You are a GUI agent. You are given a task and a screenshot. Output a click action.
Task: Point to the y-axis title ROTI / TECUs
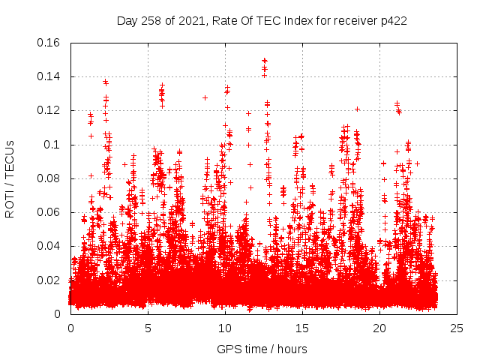(x=10, y=178)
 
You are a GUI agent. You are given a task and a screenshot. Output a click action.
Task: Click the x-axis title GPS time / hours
(x=262, y=349)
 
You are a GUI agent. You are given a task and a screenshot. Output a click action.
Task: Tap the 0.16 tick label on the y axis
(x=49, y=43)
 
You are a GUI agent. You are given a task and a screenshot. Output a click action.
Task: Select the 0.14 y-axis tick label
(x=49, y=76)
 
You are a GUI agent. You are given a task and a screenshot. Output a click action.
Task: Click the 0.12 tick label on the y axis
(x=49, y=110)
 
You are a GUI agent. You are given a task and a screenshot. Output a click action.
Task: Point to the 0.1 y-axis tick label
(x=54, y=145)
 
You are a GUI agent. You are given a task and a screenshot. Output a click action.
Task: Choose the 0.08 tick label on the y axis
(x=49, y=178)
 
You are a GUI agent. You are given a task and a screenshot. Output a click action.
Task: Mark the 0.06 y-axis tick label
(x=49, y=212)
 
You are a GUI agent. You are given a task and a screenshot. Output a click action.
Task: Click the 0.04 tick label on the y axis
(x=49, y=246)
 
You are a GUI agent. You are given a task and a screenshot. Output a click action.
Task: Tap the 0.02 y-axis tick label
(x=49, y=280)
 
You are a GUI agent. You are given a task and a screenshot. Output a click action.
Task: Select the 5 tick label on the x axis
(x=148, y=328)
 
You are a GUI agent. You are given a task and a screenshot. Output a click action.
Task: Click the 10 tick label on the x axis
(x=225, y=328)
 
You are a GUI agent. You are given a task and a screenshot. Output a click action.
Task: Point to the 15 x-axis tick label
(x=302, y=328)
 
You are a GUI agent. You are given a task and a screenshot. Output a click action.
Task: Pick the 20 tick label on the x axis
(x=379, y=328)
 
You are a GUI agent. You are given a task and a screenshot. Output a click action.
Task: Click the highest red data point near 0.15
(x=264, y=60)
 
